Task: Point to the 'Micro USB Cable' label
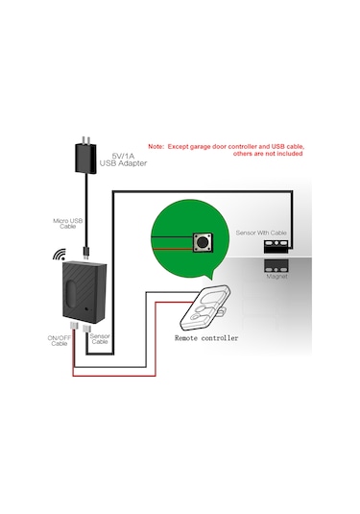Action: (x=70, y=223)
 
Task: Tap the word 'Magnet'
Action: (x=276, y=276)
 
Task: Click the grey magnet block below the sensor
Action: (x=277, y=262)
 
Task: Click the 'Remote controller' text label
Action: (x=205, y=339)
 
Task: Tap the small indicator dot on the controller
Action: (x=87, y=309)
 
